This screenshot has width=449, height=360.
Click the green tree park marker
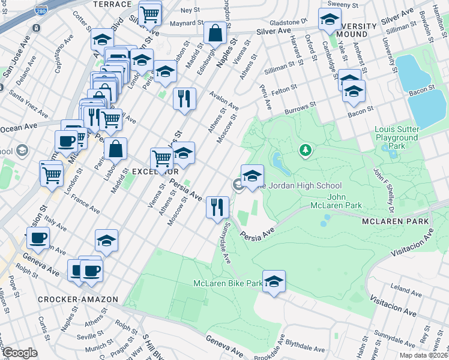(306, 149)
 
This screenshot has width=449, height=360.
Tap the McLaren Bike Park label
(228, 283)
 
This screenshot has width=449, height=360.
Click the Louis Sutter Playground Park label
(396, 137)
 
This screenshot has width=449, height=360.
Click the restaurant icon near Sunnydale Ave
(217, 207)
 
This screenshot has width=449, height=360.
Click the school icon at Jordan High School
(253, 176)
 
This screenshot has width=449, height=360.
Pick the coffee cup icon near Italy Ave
(37, 238)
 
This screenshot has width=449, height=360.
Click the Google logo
(19, 353)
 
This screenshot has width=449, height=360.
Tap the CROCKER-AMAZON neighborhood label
(67, 299)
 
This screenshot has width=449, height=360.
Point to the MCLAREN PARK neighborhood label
(396, 221)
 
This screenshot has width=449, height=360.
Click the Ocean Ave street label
(19, 128)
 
